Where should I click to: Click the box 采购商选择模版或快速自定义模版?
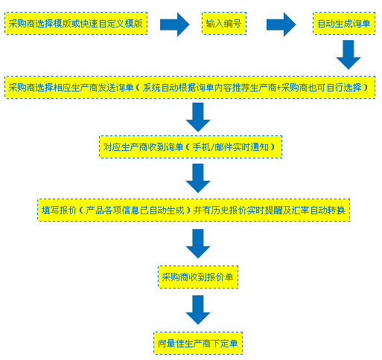(x=76, y=24)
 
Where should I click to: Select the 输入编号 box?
(x=224, y=24)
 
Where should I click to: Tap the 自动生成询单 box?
(x=344, y=24)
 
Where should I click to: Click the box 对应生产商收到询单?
(x=191, y=147)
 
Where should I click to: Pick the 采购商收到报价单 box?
(x=198, y=277)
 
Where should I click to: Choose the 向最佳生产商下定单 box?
(x=198, y=344)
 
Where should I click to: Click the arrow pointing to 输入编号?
(x=175, y=25)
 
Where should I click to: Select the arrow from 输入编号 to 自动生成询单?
(x=281, y=25)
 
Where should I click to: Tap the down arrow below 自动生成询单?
(x=348, y=55)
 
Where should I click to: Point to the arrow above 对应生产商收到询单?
(x=198, y=118)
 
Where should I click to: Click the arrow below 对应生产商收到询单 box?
(x=198, y=179)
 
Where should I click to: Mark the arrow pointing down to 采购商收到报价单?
(x=198, y=244)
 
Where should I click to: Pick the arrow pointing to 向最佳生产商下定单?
(x=198, y=310)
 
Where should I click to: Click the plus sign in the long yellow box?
(x=278, y=88)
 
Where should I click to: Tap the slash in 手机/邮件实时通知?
(x=212, y=147)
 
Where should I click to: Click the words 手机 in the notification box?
(x=201, y=147)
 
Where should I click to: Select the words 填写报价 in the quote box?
(x=59, y=210)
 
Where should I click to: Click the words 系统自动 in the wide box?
(x=161, y=88)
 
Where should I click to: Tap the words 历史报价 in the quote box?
(x=229, y=210)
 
